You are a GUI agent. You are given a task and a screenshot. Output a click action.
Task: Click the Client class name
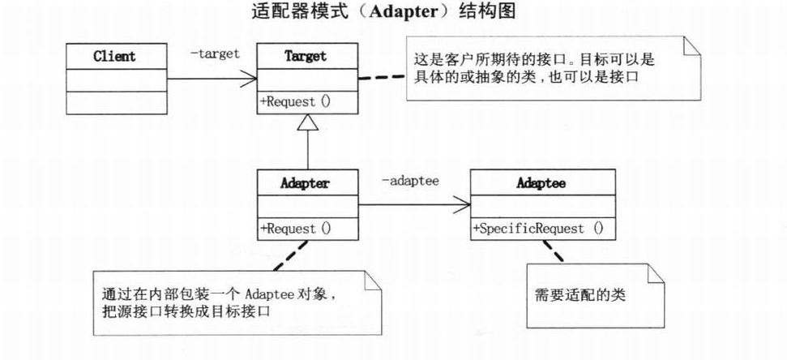click(x=114, y=57)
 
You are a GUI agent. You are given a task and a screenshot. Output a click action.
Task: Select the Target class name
click(x=306, y=57)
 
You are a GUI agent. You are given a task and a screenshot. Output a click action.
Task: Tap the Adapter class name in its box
click(x=306, y=183)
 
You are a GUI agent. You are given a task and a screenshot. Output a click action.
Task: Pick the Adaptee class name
click(x=541, y=183)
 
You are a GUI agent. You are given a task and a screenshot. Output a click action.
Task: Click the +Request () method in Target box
click(x=295, y=102)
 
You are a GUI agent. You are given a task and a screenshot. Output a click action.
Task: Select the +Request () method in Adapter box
click(x=295, y=229)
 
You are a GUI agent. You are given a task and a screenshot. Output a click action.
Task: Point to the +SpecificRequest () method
click(x=537, y=229)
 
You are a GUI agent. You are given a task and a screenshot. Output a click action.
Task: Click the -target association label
click(x=215, y=54)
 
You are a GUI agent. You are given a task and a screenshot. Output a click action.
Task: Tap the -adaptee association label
click(x=410, y=181)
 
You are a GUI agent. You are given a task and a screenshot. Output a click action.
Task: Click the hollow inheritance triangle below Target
click(x=307, y=122)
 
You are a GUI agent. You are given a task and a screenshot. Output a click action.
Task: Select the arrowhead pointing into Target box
click(x=250, y=79)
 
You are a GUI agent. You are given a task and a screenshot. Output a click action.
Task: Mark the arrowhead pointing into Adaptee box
click(x=463, y=206)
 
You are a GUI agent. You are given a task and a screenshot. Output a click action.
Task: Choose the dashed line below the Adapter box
click(x=288, y=255)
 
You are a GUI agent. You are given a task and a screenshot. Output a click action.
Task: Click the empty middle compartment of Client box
click(x=114, y=79)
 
